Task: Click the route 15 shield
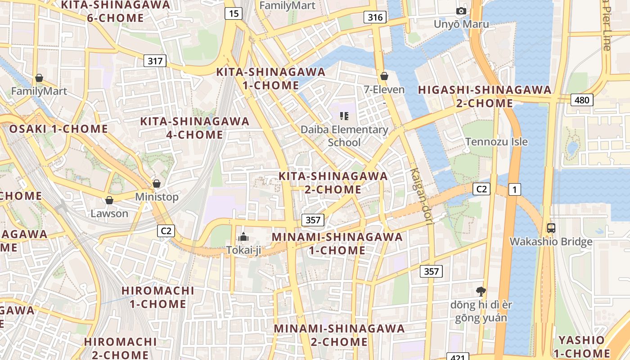coord(234,13)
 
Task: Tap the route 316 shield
coord(375,18)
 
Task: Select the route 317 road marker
coord(155,61)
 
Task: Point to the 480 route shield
coord(582,100)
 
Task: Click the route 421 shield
coord(458,357)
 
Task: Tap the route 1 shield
coord(514,189)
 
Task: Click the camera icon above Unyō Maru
coord(461,11)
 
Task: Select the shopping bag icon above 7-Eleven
coord(384,76)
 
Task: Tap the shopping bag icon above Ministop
coord(157,184)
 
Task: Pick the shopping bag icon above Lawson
coord(109,200)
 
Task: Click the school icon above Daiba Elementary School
coord(344,117)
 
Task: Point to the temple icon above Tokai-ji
coord(243,237)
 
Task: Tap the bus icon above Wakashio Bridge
coord(551,228)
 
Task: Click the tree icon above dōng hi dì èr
coord(481,291)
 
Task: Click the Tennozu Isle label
coord(496,142)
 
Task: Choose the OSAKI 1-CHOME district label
coord(58,129)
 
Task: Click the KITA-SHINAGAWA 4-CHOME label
coord(195,128)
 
